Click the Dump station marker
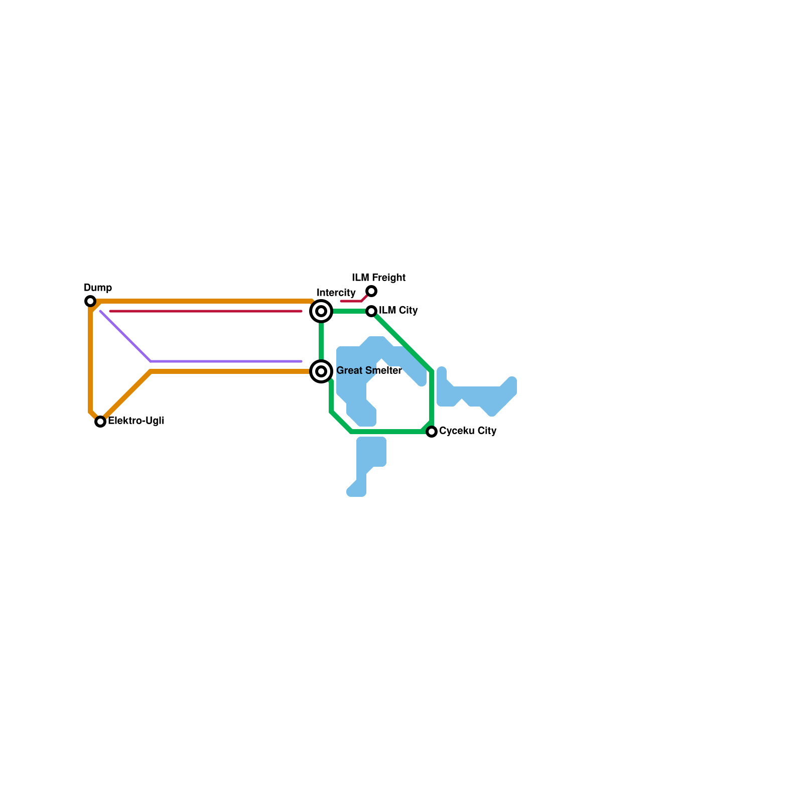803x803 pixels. tap(90, 301)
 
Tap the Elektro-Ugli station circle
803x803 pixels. tap(100, 422)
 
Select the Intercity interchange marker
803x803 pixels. tap(321, 311)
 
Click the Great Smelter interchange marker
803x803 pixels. tap(321, 371)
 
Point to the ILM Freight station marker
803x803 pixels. tap(371, 291)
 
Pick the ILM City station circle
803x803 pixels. tap(371, 311)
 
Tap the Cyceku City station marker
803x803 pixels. tap(432, 432)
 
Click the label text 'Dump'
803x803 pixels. tap(98, 288)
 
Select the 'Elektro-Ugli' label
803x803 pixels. tap(136, 421)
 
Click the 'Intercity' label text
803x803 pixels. tap(336, 293)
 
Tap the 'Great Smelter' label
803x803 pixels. tap(369, 370)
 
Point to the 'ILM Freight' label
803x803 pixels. tap(378, 278)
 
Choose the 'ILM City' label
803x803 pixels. tap(398, 310)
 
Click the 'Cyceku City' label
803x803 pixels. tap(467, 431)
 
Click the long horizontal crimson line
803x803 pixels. tap(206, 311)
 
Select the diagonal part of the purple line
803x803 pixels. tap(125, 336)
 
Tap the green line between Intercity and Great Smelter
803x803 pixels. tap(321, 341)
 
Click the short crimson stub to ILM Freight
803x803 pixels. tap(351, 301)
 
